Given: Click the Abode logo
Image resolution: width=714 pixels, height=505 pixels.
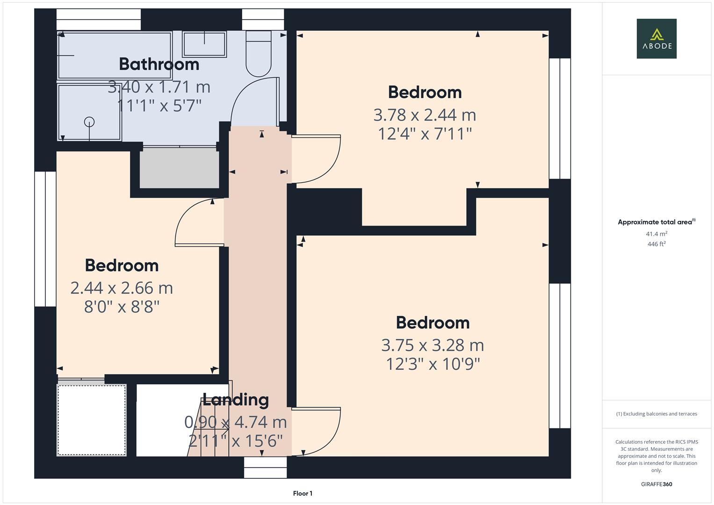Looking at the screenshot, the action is coord(656,38).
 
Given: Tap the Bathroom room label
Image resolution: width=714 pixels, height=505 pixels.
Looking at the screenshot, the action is coord(159,64).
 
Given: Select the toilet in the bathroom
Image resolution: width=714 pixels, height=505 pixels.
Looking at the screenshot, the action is coord(259,54).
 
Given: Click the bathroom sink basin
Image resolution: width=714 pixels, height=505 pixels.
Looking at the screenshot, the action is coord(204,44).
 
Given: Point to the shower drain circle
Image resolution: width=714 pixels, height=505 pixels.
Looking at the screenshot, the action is coord(89,122).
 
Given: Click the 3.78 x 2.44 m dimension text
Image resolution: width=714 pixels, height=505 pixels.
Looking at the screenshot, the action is coord(425,115).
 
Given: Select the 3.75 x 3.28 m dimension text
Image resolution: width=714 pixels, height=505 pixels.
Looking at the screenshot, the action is coord(433,345).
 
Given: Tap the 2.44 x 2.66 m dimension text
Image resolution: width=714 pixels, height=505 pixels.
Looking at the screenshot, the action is coord(122,288).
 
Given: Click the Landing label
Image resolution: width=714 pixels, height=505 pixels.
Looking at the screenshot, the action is coord(236,400).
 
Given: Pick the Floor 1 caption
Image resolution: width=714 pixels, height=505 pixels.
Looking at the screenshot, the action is coord(303,493).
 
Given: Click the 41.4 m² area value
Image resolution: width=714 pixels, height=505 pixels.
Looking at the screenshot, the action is coord(656,234).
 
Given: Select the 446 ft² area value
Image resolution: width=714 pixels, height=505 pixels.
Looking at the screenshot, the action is coord(656,244).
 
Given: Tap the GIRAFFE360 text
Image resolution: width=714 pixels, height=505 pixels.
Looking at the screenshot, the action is coord(656,484).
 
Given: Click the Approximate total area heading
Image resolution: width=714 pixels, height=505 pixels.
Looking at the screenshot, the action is coord(656,222).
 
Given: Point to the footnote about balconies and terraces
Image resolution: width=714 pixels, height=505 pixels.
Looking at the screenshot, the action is coord(656,414).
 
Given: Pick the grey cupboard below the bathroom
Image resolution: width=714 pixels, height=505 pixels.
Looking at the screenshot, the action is coord(180,168).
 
